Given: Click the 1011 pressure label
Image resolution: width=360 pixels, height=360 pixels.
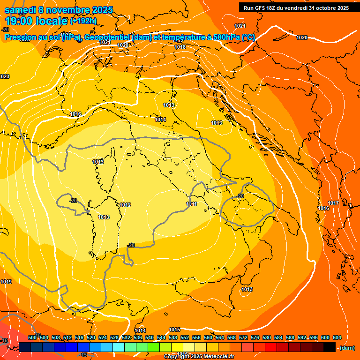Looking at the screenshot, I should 191,204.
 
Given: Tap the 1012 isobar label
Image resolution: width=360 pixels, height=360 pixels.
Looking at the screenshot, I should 125,205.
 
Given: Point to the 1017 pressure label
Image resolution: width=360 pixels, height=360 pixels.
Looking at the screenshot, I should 333,203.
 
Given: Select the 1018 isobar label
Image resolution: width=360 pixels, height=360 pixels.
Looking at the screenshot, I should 180,47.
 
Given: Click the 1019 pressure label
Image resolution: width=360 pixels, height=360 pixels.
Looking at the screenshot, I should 6,282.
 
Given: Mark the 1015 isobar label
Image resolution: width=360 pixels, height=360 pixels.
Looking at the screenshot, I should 175,330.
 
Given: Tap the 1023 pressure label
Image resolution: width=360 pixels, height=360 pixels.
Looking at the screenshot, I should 4,76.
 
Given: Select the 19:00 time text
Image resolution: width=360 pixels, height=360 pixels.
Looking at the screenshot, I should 20,21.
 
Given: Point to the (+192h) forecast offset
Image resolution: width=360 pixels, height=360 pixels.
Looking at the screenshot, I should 84,21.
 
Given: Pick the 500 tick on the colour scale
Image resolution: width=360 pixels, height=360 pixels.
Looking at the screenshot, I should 32,337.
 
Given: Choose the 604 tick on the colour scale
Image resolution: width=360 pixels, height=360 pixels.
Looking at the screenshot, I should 337,337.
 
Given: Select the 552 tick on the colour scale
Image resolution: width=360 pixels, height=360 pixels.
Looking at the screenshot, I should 184,337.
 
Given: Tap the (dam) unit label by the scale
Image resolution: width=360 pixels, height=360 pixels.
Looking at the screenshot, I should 347,348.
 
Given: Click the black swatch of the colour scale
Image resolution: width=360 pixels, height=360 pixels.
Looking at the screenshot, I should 330,347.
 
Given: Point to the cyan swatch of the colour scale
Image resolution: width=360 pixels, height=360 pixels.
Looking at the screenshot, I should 119,347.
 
